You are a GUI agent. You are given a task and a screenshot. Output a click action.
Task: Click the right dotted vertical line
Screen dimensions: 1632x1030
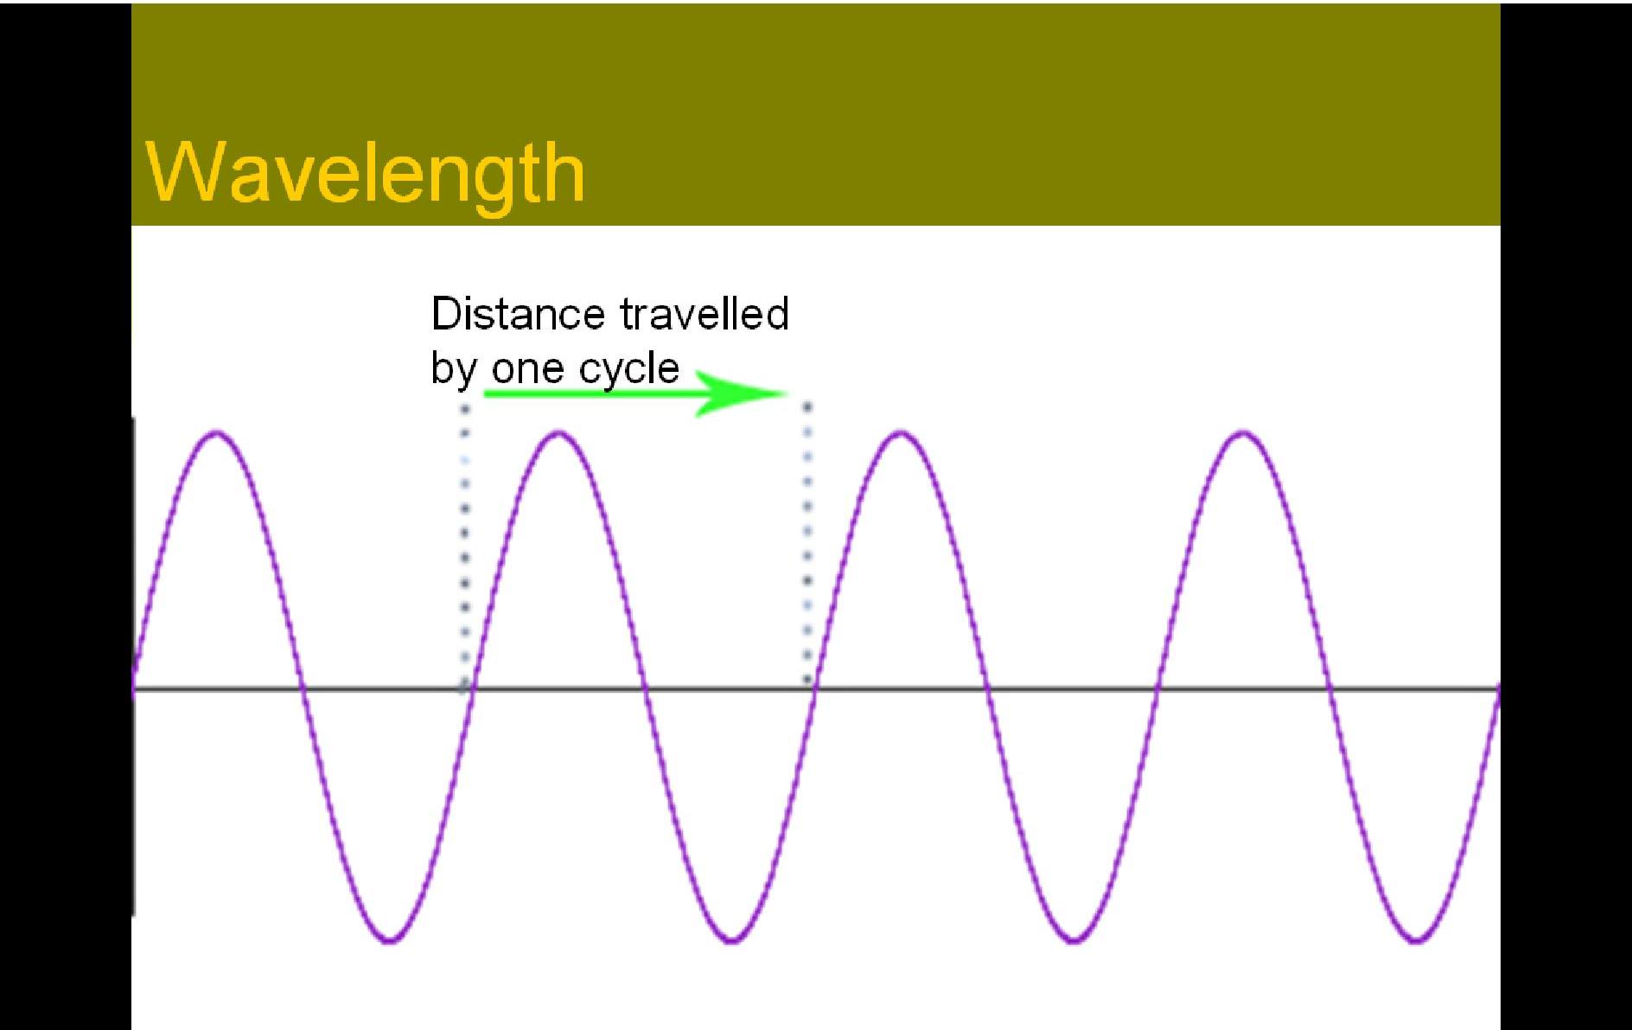click(x=807, y=543)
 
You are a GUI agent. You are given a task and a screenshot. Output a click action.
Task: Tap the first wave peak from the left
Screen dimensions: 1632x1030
click(x=216, y=432)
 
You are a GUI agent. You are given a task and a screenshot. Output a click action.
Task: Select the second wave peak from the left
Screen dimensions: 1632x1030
click(x=558, y=432)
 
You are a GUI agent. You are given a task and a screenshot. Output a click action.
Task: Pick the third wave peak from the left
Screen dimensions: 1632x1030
click(x=901, y=432)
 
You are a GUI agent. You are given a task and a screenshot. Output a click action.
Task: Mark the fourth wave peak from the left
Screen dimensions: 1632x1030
click(x=1243, y=432)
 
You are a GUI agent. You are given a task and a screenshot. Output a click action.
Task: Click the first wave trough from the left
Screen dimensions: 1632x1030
click(x=389, y=940)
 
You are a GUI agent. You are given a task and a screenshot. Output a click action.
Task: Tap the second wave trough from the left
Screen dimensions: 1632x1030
click(x=731, y=940)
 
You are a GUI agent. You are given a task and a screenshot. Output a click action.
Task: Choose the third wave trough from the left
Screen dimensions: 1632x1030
click(x=1074, y=940)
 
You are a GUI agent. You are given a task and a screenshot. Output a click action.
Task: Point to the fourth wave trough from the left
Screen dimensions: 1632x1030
click(x=1416, y=940)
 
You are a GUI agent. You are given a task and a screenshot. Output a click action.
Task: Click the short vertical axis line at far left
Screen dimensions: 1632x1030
click(x=133, y=666)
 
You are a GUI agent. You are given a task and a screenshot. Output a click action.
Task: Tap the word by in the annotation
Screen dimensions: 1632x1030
click(x=454, y=370)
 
